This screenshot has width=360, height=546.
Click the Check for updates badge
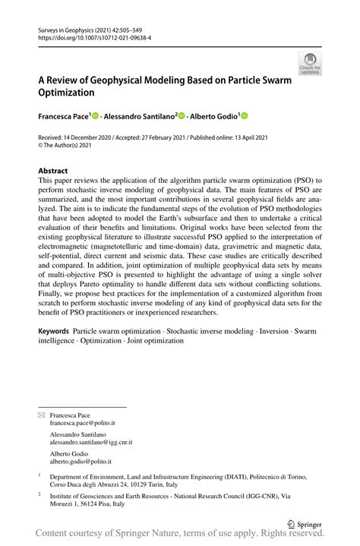[x=310, y=63]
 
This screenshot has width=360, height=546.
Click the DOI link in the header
[x=90, y=35]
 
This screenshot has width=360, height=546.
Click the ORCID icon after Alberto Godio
[x=245, y=116]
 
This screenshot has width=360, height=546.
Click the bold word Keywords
[x=55, y=331]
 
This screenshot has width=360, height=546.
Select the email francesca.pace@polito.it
[x=82, y=422]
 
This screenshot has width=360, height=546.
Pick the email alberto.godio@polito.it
[x=80, y=460]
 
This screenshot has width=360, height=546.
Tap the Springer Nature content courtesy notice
[x=180, y=536]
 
